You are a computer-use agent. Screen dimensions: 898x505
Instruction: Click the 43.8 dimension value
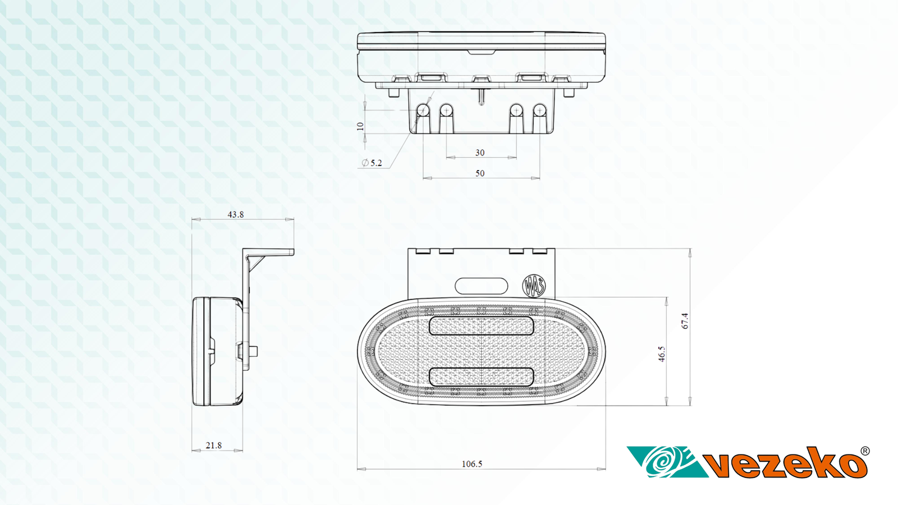pyautogui.click(x=236, y=214)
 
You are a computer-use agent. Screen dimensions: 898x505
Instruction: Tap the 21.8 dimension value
pyautogui.click(x=214, y=446)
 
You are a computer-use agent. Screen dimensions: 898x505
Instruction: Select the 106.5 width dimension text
pyautogui.click(x=472, y=464)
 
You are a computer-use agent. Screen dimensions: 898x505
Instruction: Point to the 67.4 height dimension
pyautogui.click(x=685, y=321)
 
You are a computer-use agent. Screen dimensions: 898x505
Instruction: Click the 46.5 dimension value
pyautogui.click(x=662, y=354)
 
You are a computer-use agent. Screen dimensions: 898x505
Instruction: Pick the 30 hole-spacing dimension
pyautogui.click(x=480, y=153)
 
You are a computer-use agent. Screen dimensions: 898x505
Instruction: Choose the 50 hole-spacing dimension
pyautogui.click(x=480, y=173)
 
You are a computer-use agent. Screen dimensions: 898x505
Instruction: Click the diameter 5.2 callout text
pyautogui.click(x=372, y=163)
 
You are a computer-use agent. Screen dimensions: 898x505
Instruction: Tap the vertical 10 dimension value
pyautogui.click(x=360, y=126)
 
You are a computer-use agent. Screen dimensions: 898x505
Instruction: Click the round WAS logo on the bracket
pyautogui.click(x=534, y=286)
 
